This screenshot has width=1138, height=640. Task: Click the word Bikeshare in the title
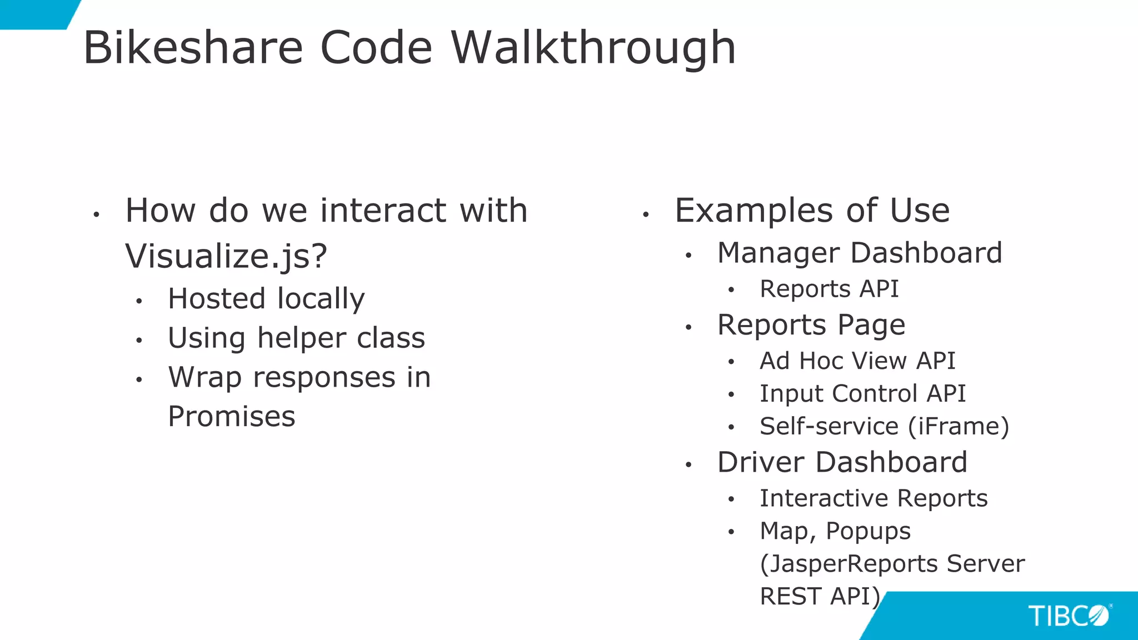point(193,48)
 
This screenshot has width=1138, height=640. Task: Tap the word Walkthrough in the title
point(593,48)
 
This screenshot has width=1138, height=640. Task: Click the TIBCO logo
point(1069,616)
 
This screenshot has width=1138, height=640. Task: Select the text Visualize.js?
point(226,256)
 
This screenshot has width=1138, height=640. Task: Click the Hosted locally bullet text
point(266,299)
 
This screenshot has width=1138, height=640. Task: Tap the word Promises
point(231,417)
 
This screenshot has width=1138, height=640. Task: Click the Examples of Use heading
point(812,211)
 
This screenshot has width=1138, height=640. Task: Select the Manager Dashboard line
point(860,253)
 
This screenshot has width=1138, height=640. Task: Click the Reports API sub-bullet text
point(829,289)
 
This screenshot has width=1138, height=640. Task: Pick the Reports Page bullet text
point(811,325)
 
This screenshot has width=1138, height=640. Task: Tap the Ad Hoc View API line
point(857,361)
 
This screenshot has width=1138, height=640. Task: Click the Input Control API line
point(862,394)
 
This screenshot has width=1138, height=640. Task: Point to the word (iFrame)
point(959,427)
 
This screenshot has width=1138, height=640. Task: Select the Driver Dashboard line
point(842,462)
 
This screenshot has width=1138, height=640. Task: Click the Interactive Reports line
point(874,498)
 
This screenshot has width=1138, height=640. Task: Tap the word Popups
point(868,531)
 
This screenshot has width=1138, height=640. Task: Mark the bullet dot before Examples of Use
point(646,214)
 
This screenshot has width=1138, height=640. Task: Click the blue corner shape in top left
point(33,12)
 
